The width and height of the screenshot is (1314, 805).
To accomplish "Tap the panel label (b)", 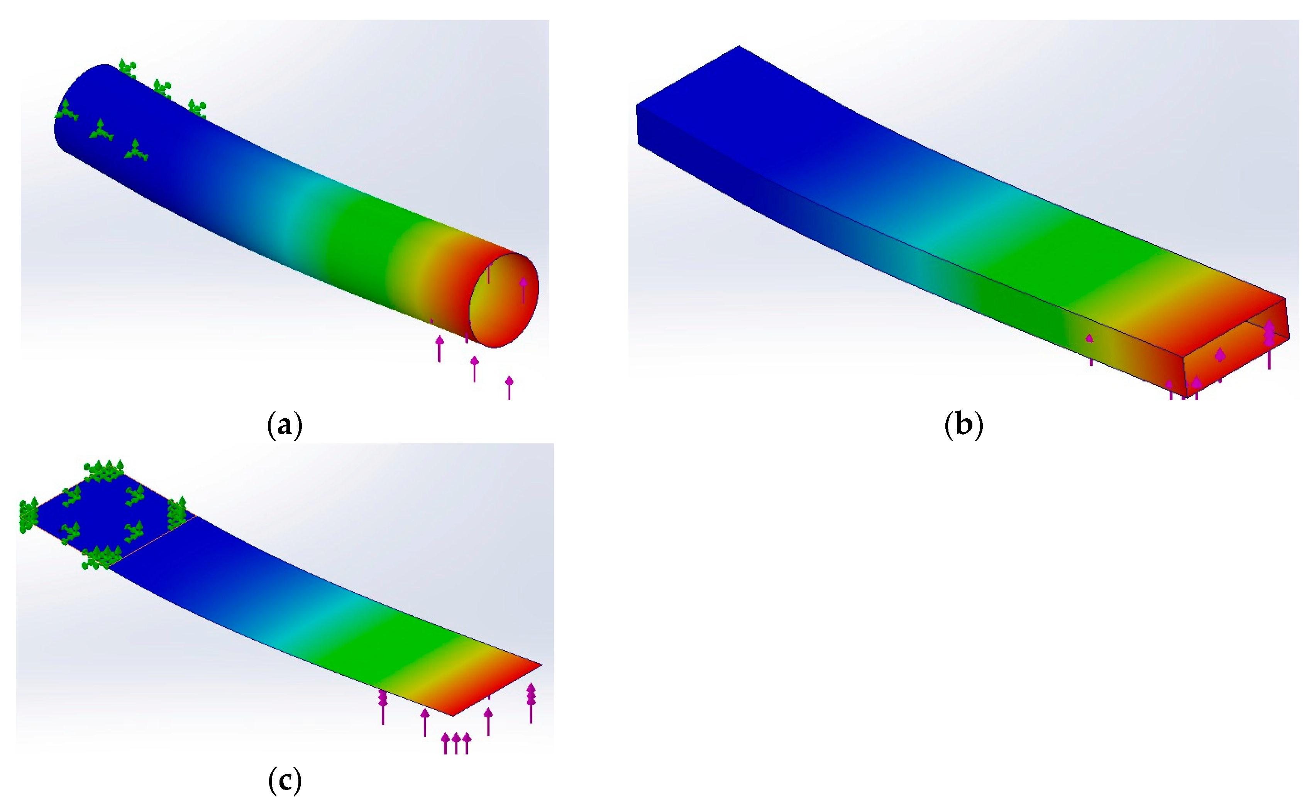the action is coord(963,425).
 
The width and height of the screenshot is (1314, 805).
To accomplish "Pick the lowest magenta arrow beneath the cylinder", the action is coord(509,387).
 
